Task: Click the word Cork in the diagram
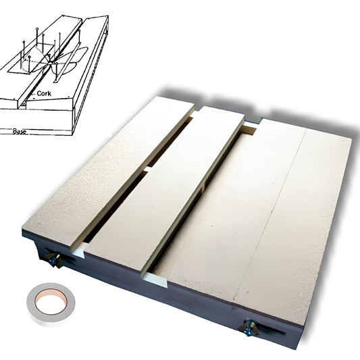(44, 93)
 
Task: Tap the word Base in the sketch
(20, 131)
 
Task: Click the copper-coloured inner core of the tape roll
(51, 302)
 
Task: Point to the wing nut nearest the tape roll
(54, 258)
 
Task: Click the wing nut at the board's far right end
(249, 327)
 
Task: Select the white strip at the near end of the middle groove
(155, 279)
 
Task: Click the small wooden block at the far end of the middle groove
(250, 130)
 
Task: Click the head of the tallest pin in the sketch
(37, 28)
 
